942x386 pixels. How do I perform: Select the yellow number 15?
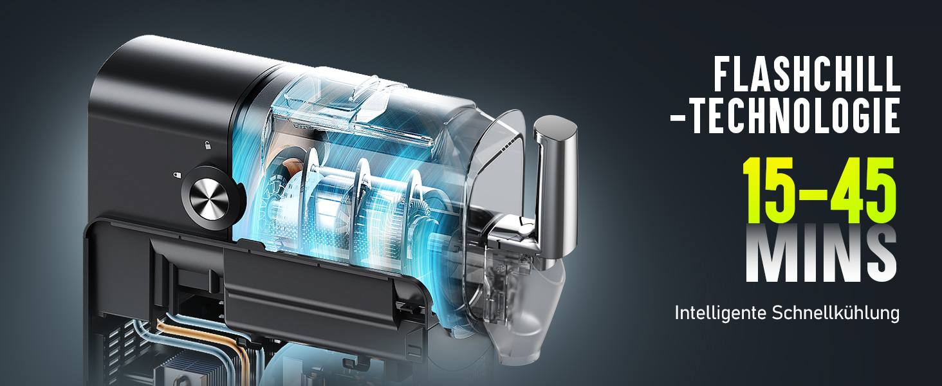pyautogui.click(x=770, y=190)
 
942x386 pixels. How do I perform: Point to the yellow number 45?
pyautogui.click(x=862, y=190)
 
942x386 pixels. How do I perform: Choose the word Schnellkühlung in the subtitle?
pyautogui.click(x=836, y=313)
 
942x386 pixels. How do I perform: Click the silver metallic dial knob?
pyautogui.click(x=209, y=198)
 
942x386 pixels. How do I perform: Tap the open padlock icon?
pyautogui.click(x=207, y=145)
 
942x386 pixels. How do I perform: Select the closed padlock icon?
pyautogui.click(x=178, y=174)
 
